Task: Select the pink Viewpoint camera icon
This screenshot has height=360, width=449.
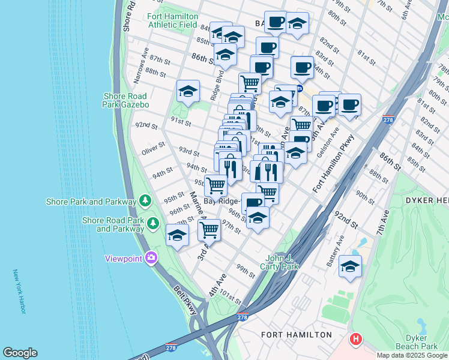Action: (x=151, y=258)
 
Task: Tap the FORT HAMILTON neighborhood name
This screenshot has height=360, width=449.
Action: (x=296, y=334)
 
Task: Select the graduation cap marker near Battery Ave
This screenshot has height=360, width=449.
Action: (x=349, y=266)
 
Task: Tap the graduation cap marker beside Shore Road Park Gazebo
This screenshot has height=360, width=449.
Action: (x=188, y=92)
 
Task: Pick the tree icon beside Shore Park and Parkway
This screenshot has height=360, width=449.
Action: (x=145, y=200)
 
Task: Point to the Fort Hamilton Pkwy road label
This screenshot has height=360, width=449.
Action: (x=334, y=164)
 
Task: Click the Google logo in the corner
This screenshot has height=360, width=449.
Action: (x=20, y=353)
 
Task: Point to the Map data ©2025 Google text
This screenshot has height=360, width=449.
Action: (x=411, y=355)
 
